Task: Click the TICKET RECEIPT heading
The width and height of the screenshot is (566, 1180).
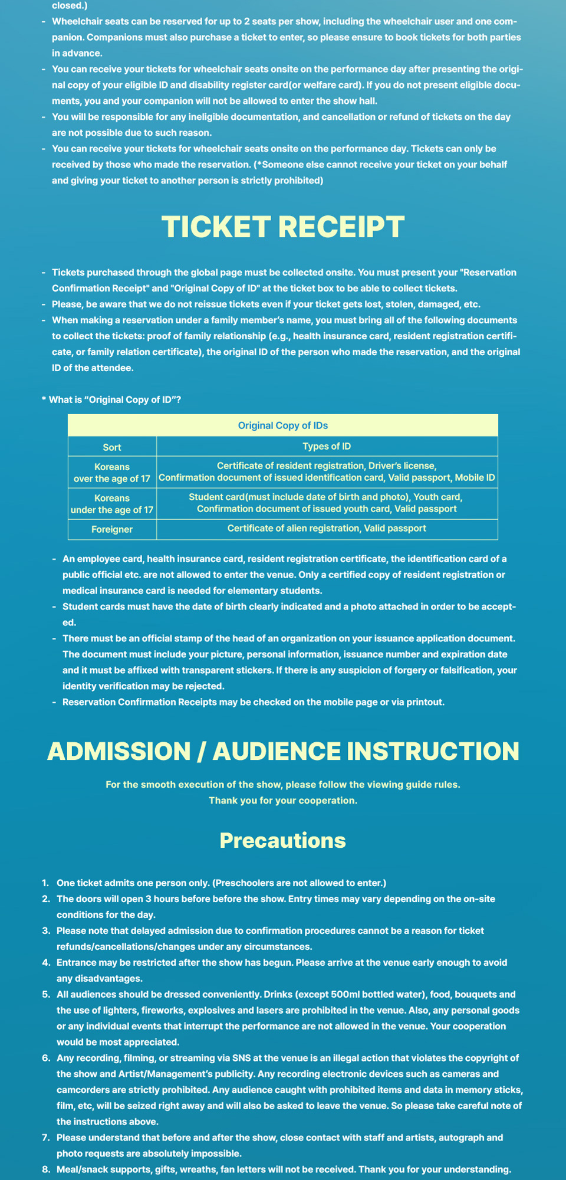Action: pyautogui.click(x=283, y=227)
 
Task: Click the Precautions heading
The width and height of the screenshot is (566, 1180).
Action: pyautogui.click(x=283, y=840)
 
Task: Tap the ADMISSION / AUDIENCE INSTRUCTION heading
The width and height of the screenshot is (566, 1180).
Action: pyautogui.click(x=283, y=751)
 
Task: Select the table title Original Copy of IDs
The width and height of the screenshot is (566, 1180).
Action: pyautogui.click(x=283, y=425)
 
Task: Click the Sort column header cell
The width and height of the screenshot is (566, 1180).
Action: pyautogui.click(x=112, y=447)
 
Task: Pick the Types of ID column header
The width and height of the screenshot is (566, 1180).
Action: pyautogui.click(x=327, y=446)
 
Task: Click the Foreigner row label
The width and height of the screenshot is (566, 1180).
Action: pyautogui.click(x=112, y=529)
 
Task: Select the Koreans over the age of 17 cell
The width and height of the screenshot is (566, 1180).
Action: pyautogui.click(x=112, y=472)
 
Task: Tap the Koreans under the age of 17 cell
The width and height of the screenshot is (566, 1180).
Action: pyautogui.click(x=112, y=503)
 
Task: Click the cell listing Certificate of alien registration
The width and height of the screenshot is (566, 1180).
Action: pyautogui.click(x=327, y=528)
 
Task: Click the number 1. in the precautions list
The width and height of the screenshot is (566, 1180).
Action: pyautogui.click(x=45, y=883)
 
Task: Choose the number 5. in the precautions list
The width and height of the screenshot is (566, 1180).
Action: pyautogui.click(x=45, y=994)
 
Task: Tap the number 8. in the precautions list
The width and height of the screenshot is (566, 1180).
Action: pyautogui.click(x=45, y=1169)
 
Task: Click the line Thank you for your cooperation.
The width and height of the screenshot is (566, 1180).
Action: pyautogui.click(x=283, y=800)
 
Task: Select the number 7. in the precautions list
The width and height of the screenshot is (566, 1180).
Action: pyautogui.click(x=45, y=1137)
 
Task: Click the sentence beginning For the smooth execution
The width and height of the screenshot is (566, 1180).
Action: pyautogui.click(x=283, y=784)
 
